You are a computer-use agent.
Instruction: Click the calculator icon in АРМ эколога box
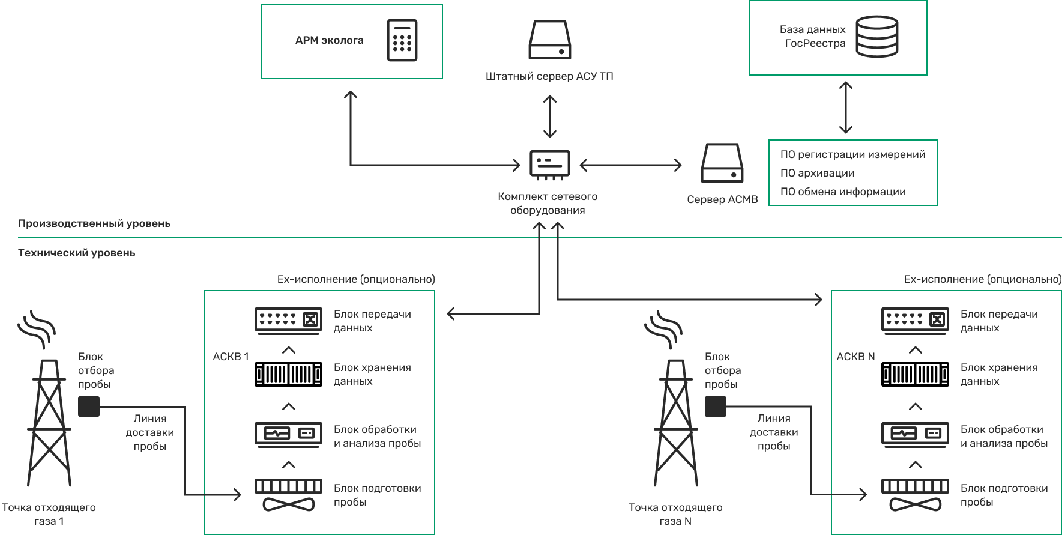pos(402,40)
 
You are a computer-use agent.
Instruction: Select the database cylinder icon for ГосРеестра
pos(876,37)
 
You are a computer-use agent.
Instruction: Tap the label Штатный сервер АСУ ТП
pos(549,77)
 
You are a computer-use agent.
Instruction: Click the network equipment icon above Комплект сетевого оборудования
pos(549,163)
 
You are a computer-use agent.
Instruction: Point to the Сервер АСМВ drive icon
pos(722,163)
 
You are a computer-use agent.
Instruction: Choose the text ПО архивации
pos(817,173)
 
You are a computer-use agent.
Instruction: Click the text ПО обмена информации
pos(842,192)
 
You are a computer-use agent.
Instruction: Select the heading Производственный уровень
pos(94,223)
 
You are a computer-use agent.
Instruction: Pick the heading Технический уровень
pos(77,253)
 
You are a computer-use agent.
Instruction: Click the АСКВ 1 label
pos(231,357)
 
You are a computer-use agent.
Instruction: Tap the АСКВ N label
pos(855,357)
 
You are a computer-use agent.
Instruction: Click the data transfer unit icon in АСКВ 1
pos(288,320)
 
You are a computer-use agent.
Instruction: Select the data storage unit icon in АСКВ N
pos(915,374)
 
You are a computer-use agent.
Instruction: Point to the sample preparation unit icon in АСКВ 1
pos(288,495)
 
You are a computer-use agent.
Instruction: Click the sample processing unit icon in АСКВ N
pos(915,434)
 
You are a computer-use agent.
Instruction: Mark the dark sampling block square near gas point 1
pos(89,407)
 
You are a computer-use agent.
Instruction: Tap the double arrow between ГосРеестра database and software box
pos(845,107)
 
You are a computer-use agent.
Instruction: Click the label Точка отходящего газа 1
pos(49,514)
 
